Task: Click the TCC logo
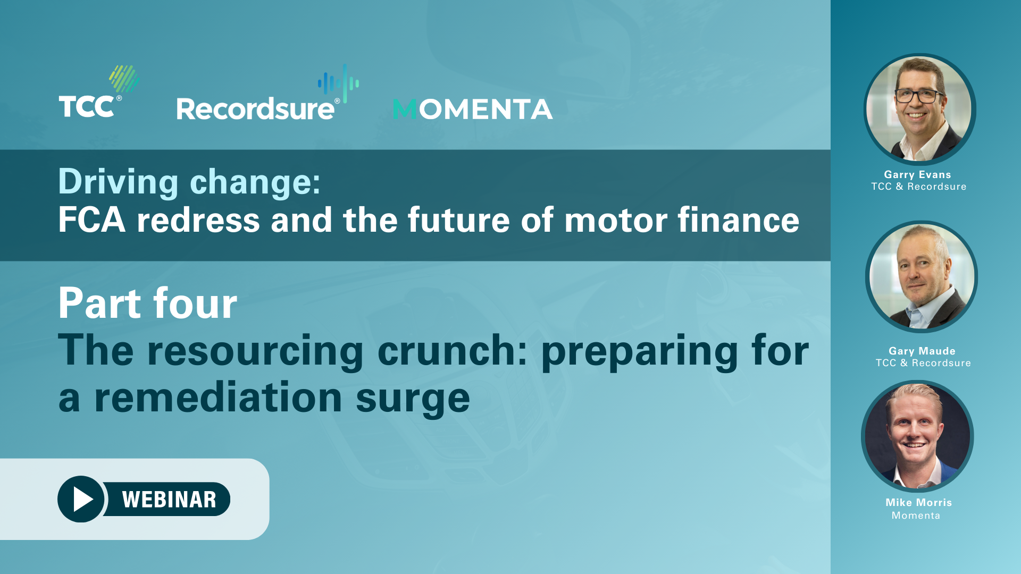99,91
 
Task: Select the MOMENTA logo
473,109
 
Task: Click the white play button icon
83,499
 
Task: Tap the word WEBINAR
169,500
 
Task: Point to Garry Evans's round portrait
919,109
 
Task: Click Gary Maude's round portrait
922,276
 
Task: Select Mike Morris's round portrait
917,436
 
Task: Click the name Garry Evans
917,174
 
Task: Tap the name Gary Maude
922,351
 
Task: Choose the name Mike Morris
919,502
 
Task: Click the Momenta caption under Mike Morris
916,516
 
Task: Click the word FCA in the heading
92,220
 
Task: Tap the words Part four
148,303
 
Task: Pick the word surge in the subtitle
413,399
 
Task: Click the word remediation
218,397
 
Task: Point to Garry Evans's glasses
919,96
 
